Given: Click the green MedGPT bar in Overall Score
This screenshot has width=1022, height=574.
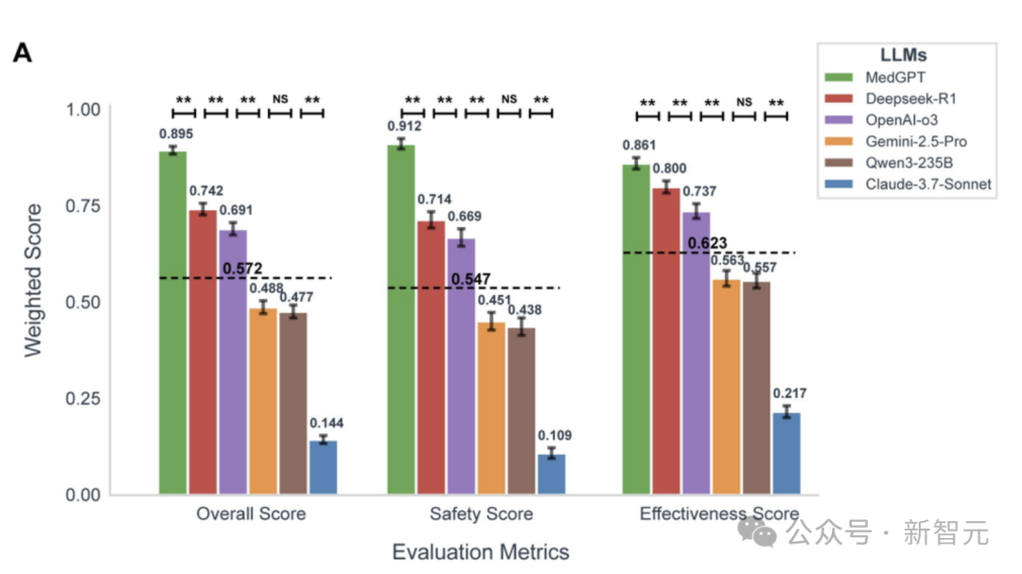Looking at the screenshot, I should [172, 322].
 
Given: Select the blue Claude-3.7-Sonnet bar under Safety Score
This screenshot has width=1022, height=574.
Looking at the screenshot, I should [552, 474].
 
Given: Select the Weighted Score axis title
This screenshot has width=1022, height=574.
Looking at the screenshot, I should [33, 280].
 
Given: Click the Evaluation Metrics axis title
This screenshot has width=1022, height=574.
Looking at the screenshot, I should [481, 551].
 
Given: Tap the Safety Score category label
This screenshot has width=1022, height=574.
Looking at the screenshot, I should [481, 514].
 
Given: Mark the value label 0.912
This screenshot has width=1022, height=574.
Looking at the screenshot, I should [404, 126].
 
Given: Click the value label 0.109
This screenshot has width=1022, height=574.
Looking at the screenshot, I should [555, 436].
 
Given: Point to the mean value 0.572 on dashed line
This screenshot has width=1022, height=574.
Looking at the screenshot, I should [243, 270].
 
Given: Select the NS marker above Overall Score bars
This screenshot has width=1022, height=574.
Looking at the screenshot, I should [280, 98].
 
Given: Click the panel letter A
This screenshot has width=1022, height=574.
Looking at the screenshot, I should [23, 54].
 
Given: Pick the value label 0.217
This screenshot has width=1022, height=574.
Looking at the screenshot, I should [789, 393].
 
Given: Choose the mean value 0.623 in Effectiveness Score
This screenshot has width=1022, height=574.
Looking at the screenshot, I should [707, 243].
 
